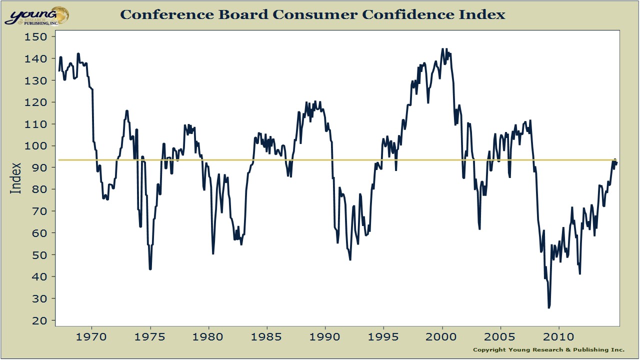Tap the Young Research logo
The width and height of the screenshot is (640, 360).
click(x=36, y=16)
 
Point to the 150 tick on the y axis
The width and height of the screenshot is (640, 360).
click(x=36, y=36)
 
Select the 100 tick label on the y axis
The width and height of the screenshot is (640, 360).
click(x=36, y=146)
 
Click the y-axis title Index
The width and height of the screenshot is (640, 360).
click(x=16, y=178)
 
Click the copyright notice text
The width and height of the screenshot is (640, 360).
click(x=548, y=349)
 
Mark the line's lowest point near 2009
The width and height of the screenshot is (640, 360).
click(x=548, y=307)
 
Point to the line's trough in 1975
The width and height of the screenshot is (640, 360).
click(x=150, y=269)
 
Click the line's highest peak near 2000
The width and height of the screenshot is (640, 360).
click(x=442, y=49)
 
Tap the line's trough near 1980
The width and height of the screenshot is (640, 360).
click(x=213, y=253)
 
